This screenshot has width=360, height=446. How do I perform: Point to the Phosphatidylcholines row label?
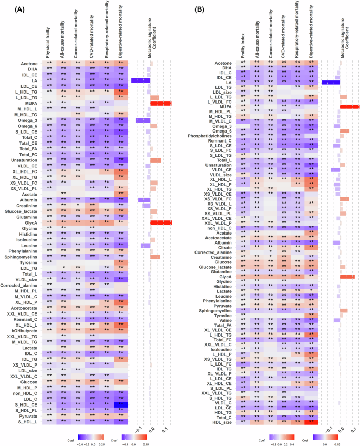217,136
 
